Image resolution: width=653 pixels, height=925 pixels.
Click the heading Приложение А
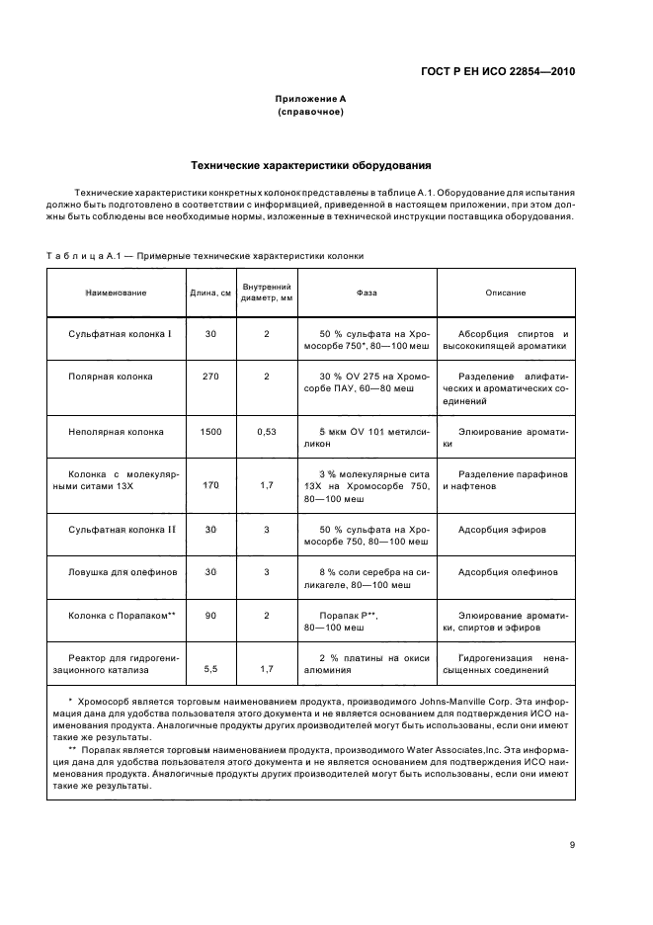(310, 100)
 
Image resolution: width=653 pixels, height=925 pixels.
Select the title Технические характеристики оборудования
(310, 164)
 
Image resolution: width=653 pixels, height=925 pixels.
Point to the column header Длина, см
(210, 293)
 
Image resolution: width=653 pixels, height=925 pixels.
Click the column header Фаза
(367, 293)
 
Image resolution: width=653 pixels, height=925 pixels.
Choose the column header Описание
(505, 293)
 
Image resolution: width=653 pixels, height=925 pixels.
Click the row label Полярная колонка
(110, 377)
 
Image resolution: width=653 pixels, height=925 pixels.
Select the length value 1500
(210, 432)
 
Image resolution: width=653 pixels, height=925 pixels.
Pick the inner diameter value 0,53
(267, 432)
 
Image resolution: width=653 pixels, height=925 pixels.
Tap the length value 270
(210, 377)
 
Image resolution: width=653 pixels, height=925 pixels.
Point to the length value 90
(210, 615)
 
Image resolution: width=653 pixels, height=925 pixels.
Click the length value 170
(210, 486)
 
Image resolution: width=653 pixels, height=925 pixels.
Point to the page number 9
(571, 844)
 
